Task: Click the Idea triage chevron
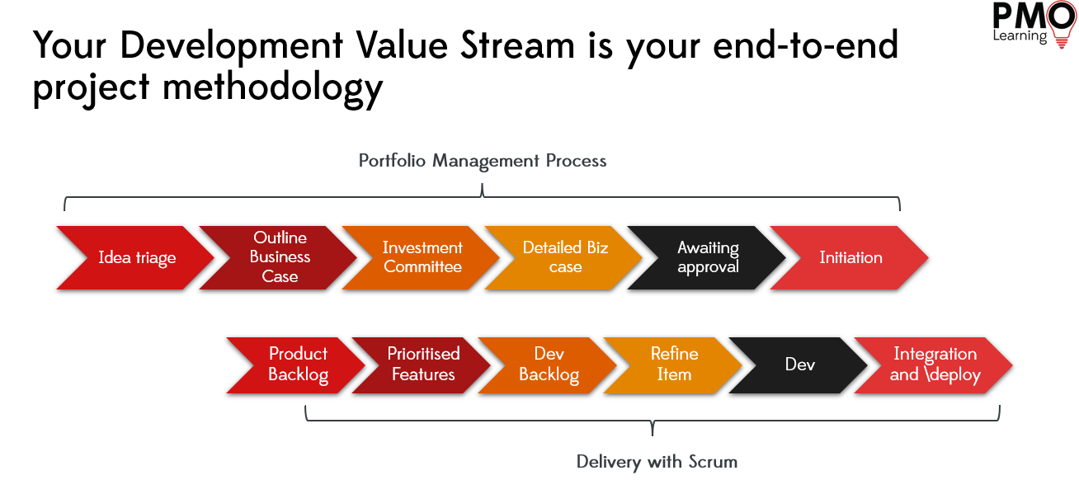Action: pos(136,257)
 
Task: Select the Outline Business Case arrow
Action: pos(279,257)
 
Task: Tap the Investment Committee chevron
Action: pos(422,257)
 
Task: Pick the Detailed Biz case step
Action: pos(564,257)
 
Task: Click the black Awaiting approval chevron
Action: pos(707,257)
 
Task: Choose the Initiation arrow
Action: pos(850,257)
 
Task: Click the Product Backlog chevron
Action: pos(297,365)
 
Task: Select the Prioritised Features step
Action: pos(422,365)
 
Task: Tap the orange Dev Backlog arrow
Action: pos(549,365)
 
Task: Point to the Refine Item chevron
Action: pos(673,365)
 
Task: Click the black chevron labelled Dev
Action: pos(799,365)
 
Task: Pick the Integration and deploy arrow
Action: pos(934,365)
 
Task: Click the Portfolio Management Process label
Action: pos(483,161)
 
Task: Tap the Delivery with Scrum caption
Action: pos(657,462)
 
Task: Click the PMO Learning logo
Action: pos(1034,24)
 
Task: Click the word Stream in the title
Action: pos(517,45)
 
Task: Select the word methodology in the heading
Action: pos(272,89)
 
